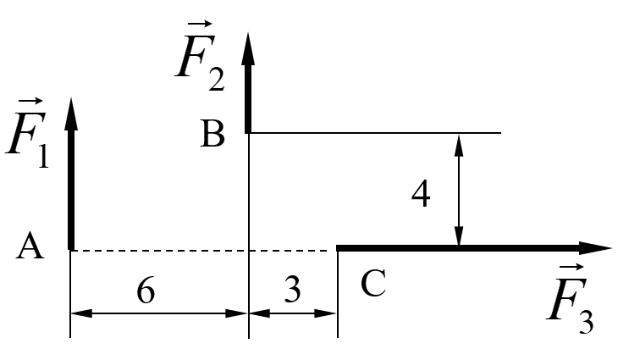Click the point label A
tap(30, 246)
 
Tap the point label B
tap(212, 134)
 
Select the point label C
tap(372, 283)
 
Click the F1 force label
tap(27, 134)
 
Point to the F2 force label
tap(201, 56)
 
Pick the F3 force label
tap(571, 299)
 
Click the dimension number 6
tap(146, 291)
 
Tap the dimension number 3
tap(292, 290)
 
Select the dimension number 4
tap(421, 194)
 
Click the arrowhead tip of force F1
tap(71, 97)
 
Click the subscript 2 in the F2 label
tap(217, 79)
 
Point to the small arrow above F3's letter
tap(571, 268)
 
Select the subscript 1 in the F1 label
tap(43, 156)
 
